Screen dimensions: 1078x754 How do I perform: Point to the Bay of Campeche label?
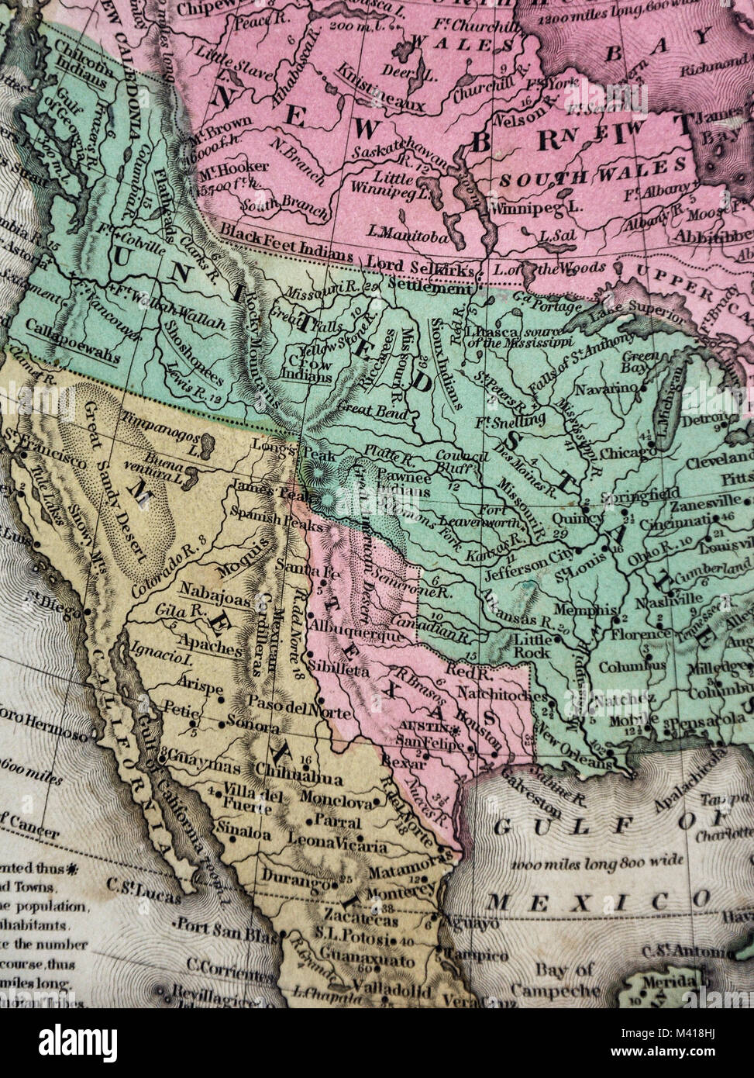point(563,980)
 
